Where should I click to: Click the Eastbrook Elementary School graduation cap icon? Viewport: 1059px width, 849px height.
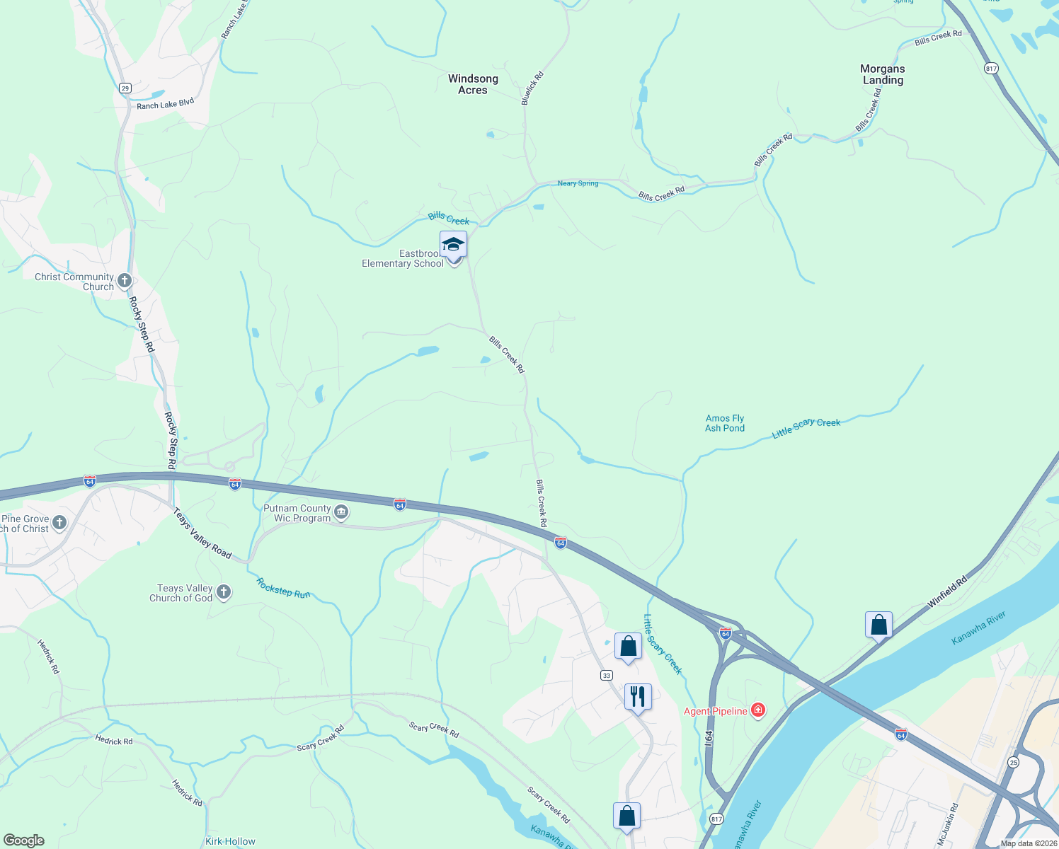point(453,245)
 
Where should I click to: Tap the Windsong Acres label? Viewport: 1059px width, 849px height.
point(473,84)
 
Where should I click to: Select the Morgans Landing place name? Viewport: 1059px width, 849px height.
point(882,74)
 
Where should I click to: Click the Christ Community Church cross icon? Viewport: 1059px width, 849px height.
point(125,281)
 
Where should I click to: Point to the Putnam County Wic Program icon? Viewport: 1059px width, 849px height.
point(341,512)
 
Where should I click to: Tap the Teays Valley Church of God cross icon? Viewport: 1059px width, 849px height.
point(224,592)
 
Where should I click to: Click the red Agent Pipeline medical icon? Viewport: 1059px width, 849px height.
point(758,710)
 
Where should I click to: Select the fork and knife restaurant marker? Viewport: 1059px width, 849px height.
point(638,697)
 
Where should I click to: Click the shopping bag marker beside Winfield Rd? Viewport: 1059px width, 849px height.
point(878,625)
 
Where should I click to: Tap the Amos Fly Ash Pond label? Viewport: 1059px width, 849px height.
point(725,423)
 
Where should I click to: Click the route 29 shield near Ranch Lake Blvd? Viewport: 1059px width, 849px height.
point(125,88)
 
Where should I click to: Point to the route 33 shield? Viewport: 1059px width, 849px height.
point(607,676)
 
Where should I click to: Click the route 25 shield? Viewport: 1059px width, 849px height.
point(1014,762)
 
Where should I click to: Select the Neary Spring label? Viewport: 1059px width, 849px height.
point(578,183)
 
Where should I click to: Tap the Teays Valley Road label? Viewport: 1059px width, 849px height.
point(202,533)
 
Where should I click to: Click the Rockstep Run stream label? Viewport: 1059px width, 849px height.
point(283,588)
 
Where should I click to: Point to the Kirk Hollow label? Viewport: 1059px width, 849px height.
point(230,841)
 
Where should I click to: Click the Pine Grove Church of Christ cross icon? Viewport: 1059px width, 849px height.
point(59,523)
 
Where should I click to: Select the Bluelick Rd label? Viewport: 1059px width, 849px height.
point(532,88)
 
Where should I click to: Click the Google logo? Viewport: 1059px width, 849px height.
point(24,840)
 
